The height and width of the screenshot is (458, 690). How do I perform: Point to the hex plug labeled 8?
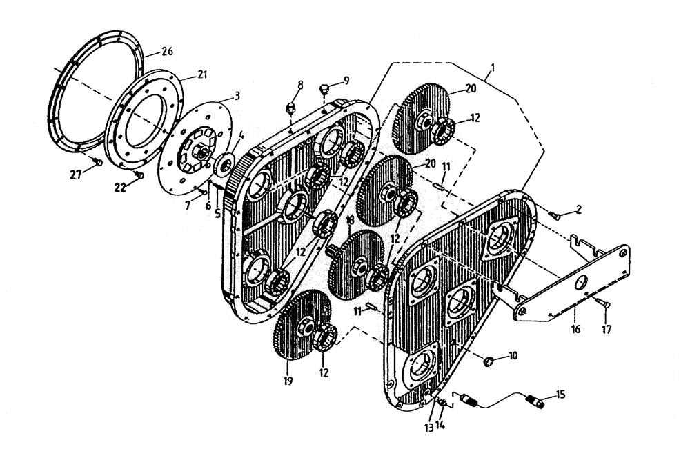290,108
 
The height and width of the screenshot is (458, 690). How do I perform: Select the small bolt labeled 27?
98,161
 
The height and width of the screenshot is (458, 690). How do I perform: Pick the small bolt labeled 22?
139,175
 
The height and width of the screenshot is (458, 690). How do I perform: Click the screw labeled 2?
554,215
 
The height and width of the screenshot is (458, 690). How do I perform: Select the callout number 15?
559,395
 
